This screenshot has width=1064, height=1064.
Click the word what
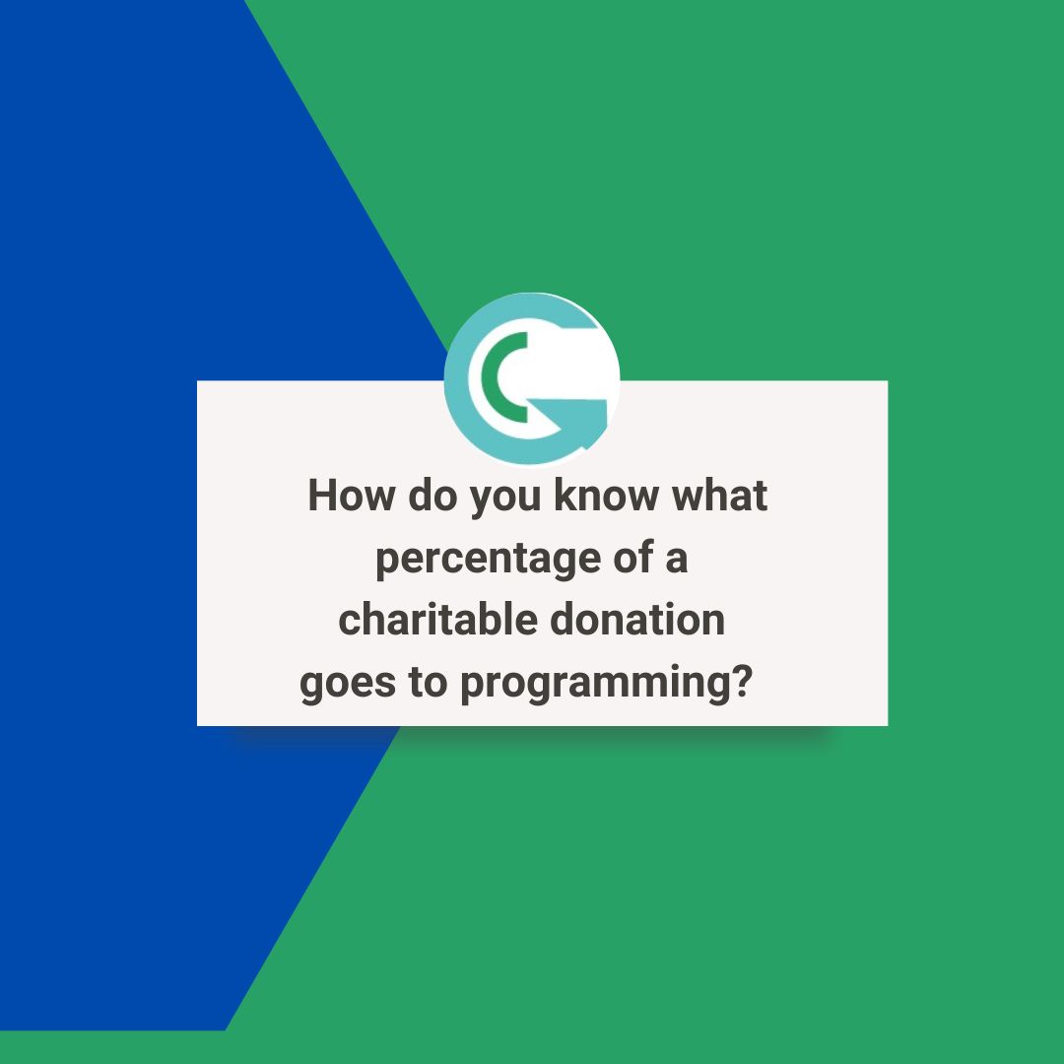(719, 496)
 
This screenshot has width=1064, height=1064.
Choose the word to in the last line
(428, 684)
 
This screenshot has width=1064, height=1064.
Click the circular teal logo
(532, 378)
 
